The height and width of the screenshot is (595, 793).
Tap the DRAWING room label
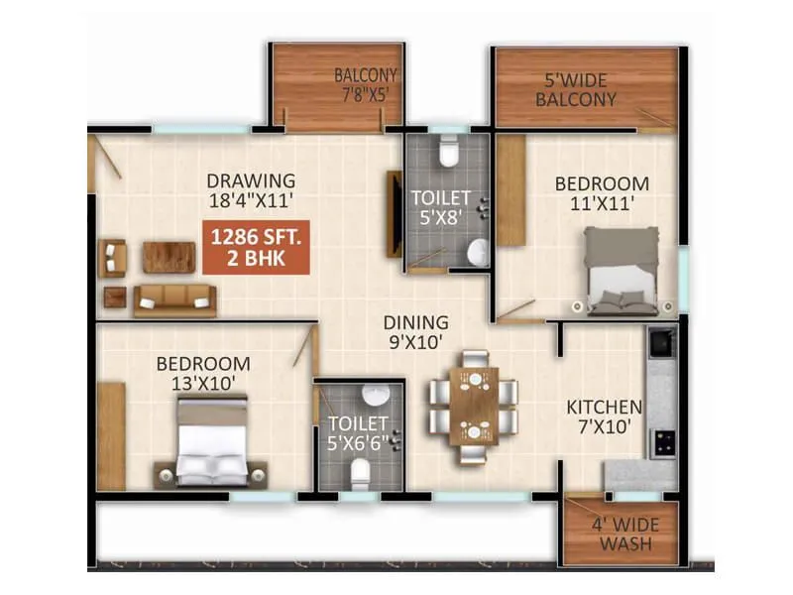click(x=251, y=181)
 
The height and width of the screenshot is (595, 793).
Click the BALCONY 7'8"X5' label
click(x=365, y=85)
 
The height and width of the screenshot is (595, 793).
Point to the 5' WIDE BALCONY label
click(x=576, y=90)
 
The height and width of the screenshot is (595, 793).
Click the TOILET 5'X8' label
click(x=441, y=207)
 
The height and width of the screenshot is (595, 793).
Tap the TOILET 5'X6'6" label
click(x=359, y=435)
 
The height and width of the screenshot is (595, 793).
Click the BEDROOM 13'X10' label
click(x=203, y=373)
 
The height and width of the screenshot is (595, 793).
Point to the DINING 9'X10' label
click(x=417, y=332)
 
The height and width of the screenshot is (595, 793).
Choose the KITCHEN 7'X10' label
click(x=604, y=416)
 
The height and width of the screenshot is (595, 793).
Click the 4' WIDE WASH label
click(x=619, y=534)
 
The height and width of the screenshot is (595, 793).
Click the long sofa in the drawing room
click(x=175, y=299)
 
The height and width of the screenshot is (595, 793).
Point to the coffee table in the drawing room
click(x=169, y=257)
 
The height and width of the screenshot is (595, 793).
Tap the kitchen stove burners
click(x=661, y=441)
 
